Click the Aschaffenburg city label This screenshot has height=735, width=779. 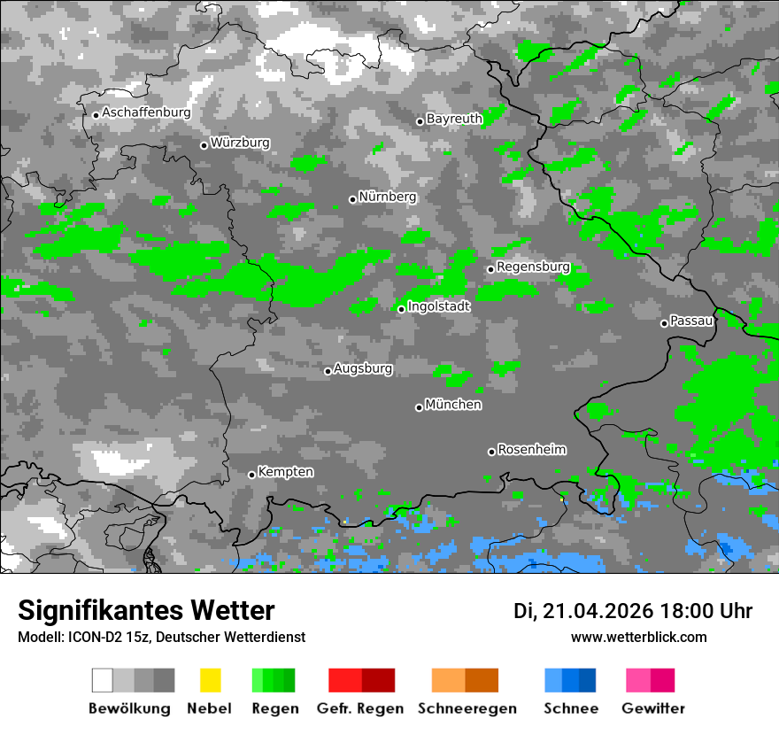(146, 112)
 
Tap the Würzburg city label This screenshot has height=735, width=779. (240, 143)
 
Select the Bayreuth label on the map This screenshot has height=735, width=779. (454, 119)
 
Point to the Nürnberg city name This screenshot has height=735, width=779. (387, 197)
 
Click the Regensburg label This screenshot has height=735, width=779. (533, 267)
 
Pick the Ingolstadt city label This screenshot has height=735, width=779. (439, 306)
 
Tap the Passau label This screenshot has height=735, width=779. (691, 321)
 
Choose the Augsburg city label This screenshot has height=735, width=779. (363, 368)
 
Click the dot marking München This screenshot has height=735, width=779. (419, 407)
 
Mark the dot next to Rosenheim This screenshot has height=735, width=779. (491, 452)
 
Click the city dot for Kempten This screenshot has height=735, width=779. (251, 475)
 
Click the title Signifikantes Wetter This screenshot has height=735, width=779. (146, 610)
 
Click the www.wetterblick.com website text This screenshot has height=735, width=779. (638, 637)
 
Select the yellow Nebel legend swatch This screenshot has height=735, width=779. (210, 680)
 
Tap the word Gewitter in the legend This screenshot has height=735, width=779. (652, 708)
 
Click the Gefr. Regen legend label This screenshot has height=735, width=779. (359, 708)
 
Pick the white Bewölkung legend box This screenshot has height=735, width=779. (102, 680)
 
